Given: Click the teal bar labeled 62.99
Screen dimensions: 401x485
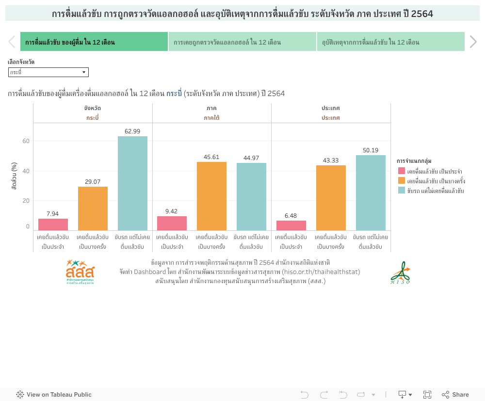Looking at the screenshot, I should [132, 183].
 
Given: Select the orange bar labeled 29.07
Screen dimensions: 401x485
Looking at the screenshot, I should [93, 209].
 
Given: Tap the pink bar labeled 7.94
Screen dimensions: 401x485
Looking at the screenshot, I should [53, 225].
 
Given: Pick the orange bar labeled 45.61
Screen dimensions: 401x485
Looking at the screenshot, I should [211, 196].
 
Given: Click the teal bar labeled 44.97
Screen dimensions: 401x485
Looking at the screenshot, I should [251, 196].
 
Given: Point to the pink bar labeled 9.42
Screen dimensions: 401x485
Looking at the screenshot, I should [172, 223].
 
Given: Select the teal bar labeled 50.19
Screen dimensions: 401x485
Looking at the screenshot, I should [371, 192].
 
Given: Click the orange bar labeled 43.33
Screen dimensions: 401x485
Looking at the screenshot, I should [331, 198].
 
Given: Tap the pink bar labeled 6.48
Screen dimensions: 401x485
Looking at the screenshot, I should [291, 225].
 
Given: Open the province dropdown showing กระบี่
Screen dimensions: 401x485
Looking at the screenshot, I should [48, 72].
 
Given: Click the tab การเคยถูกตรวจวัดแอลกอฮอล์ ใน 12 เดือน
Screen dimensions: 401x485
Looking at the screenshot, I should [242, 42].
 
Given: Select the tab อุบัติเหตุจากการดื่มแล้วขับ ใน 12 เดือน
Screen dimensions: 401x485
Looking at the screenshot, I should [390, 42].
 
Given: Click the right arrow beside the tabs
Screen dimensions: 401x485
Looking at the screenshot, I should [473, 42].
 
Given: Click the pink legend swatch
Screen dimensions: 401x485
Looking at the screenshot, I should [401, 171].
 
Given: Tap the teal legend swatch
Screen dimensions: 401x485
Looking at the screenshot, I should [401, 191].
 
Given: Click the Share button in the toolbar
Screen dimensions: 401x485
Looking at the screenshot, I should [455, 395].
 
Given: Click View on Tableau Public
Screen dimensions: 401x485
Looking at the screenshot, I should [54, 395].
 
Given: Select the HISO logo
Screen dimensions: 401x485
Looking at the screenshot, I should [400, 273].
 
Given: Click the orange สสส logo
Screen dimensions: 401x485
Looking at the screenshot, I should [81, 272].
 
